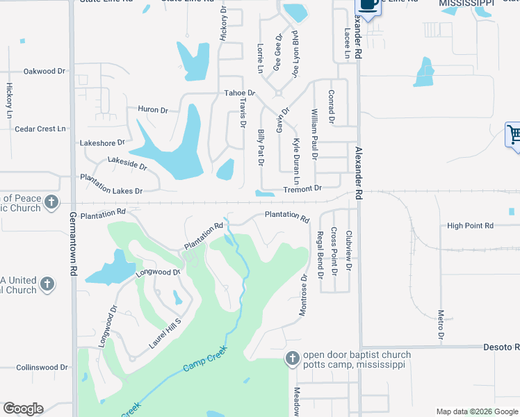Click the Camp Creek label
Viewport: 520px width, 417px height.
pos(206,356)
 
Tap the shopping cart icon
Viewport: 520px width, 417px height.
pos(513,134)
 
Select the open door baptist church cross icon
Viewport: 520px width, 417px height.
pos(293,359)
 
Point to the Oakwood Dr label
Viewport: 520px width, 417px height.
pos(44,71)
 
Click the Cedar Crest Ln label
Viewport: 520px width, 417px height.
pos(40,129)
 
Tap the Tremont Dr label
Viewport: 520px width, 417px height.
pos(302,188)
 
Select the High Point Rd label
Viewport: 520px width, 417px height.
pos(470,226)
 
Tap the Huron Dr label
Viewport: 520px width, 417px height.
pos(153,110)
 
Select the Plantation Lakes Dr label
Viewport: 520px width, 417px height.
pos(111,185)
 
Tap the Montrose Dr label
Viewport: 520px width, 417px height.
pos(302,295)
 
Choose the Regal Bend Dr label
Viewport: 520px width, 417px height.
pos(320,254)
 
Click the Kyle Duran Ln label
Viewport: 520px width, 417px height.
pos(295,161)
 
